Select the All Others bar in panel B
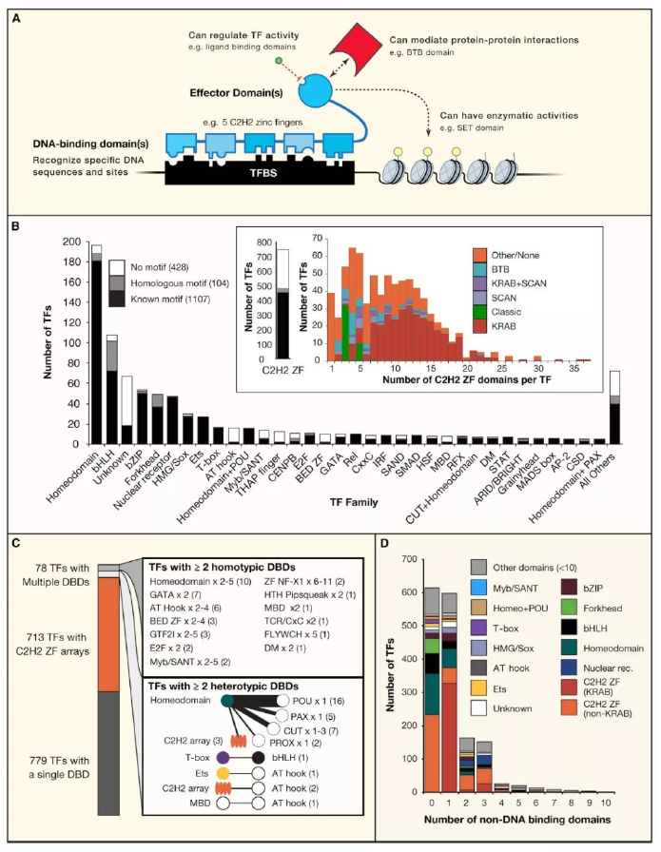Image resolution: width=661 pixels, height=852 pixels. [614, 409]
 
